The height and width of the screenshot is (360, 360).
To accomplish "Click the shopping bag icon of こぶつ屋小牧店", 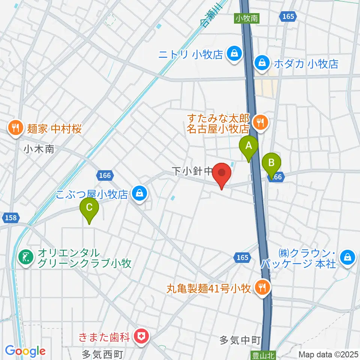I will [139, 194].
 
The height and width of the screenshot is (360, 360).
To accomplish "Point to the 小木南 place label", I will [39, 149].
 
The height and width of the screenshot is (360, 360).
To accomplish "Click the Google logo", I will [25, 351].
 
